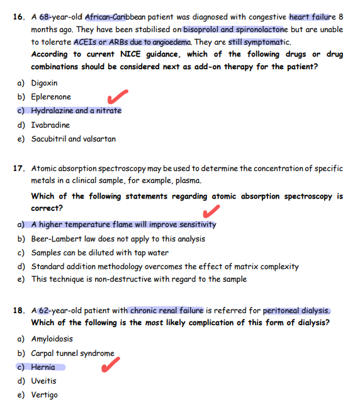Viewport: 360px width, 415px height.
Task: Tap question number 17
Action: (x=18, y=169)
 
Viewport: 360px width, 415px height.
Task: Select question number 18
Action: (x=18, y=311)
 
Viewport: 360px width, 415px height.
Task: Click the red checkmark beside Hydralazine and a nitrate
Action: (x=118, y=97)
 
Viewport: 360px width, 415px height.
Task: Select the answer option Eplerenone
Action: (x=51, y=97)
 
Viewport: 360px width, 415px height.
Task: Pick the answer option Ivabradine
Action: (x=50, y=125)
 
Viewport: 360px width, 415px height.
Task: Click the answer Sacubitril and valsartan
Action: (x=73, y=139)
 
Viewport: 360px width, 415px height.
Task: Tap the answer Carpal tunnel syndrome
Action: (x=72, y=353)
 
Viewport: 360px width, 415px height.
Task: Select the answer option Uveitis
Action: (x=43, y=381)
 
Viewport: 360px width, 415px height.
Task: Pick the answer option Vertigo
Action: (x=44, y=395)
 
